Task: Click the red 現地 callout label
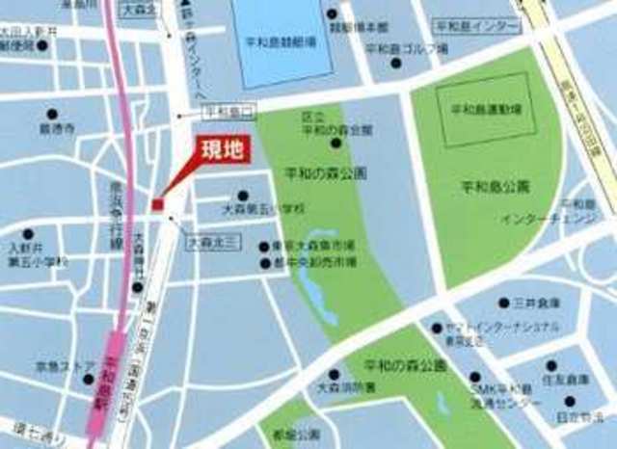220,148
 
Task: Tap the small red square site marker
157,203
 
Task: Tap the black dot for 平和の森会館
335,144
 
